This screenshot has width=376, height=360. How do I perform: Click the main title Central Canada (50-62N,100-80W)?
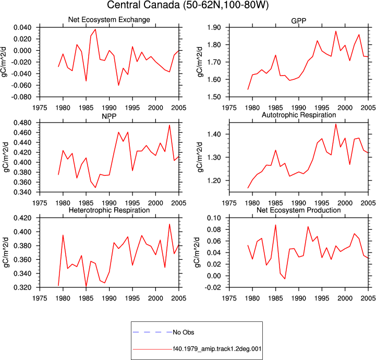coord(188,5)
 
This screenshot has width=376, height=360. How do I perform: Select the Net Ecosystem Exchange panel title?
coord(109,20)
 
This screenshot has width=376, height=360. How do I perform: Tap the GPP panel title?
coord(298,21)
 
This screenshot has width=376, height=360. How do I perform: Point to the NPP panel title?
coord(109,116)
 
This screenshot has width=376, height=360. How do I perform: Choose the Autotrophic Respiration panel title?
coord(299,115)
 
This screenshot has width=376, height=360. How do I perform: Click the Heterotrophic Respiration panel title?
coord(109,210)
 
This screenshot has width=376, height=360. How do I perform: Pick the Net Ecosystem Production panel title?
coord(299,210)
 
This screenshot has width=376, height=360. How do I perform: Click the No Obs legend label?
coord(184,332)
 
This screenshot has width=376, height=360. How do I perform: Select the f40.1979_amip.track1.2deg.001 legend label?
coord(217,349)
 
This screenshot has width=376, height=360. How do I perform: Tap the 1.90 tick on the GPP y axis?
coord(214,28)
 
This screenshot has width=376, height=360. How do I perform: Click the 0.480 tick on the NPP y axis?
coord(22,123)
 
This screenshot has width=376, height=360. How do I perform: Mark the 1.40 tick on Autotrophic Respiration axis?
coord(214,134)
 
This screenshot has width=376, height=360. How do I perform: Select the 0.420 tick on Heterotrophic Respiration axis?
coord(22,218)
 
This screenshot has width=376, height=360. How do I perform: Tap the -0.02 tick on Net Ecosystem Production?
coord(212,287)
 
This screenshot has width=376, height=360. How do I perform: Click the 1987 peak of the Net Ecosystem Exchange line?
coord(95,29)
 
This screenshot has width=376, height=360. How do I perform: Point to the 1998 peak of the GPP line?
coord(336,31)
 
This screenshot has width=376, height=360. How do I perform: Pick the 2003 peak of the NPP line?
coord(169,125)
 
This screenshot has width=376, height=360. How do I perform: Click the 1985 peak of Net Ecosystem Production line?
coord(275,225)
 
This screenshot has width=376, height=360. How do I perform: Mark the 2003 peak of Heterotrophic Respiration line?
coord(169,224)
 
